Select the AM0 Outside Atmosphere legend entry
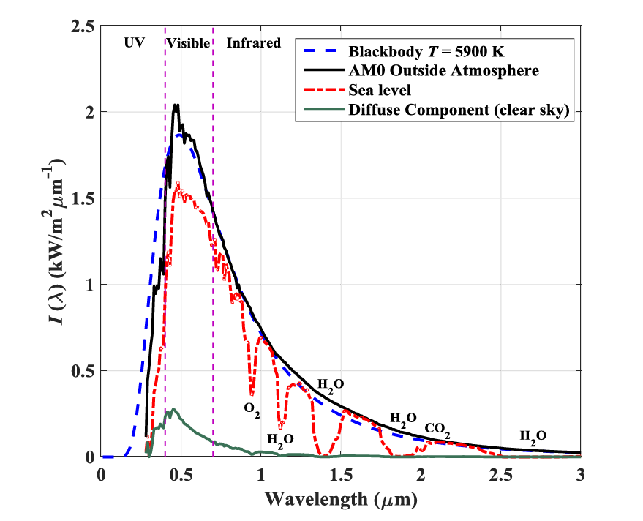pos(444,71)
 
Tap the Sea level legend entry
pos(380,90)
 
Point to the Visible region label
pos(188,43)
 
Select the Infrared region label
pos(253,43)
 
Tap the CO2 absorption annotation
pos(437,427)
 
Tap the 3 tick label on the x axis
pos(580,474)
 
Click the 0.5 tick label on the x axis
pos(181,474)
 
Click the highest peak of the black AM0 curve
pos(176,105)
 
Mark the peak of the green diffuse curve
pos(173,410)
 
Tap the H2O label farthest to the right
pos(533,436)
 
